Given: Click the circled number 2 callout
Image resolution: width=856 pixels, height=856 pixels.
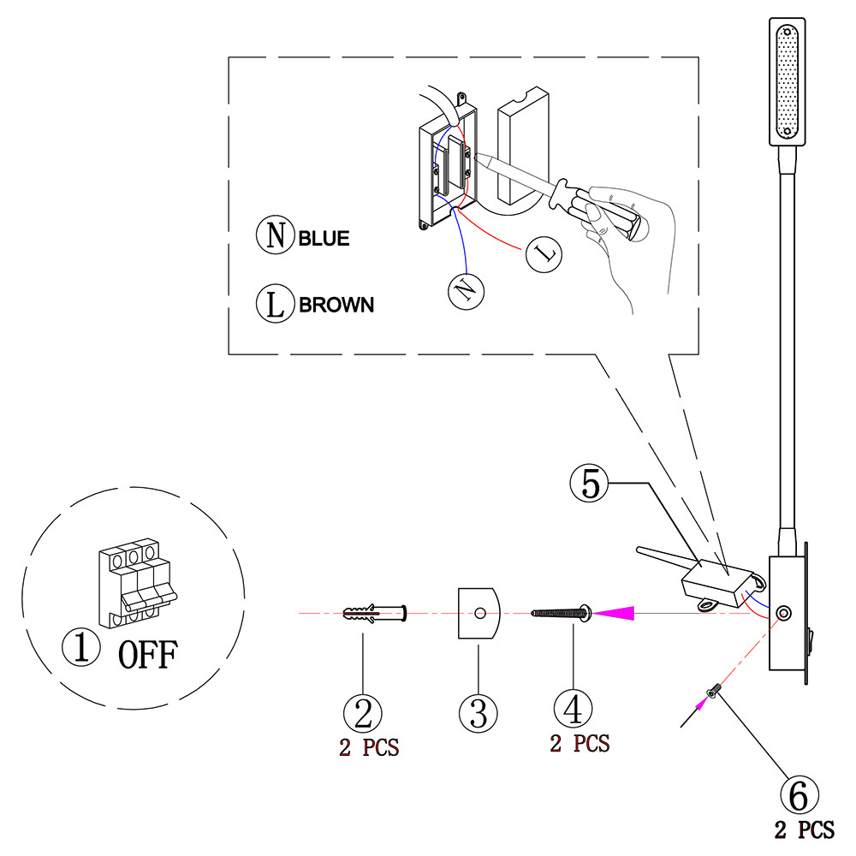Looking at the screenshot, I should [x=363, y=711].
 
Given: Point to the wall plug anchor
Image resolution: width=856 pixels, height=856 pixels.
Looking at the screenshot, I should [x=373, y=613].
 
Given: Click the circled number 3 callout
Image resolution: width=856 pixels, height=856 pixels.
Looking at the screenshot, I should [x=479, y=710].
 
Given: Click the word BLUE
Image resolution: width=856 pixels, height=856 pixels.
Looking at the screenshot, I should [x=324, y=238].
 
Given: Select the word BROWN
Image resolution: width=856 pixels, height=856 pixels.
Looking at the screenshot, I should [x=336, y=305].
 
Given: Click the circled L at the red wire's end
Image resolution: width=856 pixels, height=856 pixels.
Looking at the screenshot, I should [x=544, y=254].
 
